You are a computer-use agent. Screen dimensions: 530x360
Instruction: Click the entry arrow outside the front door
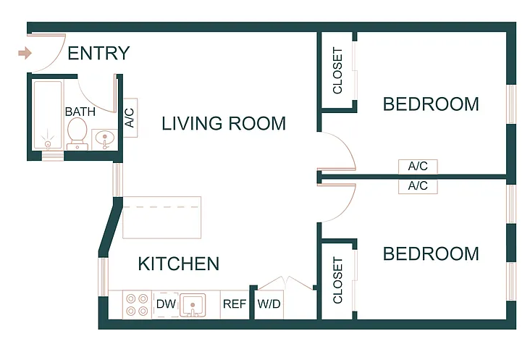[x=25, y=53]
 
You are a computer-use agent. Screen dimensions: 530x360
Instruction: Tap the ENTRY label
[x=98, y=53]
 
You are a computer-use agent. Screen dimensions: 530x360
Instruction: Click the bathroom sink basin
[x=105, y=139]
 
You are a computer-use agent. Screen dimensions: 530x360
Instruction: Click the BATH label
[x=80, y=112]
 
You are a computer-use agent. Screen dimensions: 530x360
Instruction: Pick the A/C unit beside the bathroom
[x=130, y=117]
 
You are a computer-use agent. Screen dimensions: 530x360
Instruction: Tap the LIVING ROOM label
[x=224, y=123]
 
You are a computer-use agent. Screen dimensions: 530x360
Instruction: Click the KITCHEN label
[x=179, y=264]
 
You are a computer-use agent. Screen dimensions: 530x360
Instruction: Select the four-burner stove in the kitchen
[x=137, y=304]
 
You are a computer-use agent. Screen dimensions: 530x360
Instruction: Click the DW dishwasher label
[x=166, y=304]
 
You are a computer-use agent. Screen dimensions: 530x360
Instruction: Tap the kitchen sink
[x=193, y=305]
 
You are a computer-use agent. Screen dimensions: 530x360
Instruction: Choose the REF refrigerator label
[x=235, y=304]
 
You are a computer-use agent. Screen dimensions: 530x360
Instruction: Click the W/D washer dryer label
[x=269, y=304]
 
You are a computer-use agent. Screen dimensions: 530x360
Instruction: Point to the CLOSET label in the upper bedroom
[x=337, y=70]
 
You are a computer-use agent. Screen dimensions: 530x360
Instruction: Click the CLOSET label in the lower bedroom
[x=337, y=280]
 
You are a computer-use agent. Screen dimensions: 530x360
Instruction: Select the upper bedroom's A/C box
[x=418, y=167]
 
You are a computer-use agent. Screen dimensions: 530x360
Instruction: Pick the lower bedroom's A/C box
[x=418, y=186]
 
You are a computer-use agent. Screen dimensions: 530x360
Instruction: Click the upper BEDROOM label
[x=431, y=104]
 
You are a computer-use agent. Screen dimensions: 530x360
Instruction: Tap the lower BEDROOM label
[x=431, y=254]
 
